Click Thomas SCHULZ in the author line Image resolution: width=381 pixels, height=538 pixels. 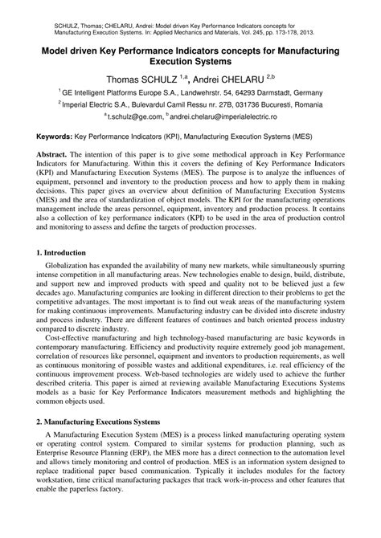[x=141, y=79]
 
